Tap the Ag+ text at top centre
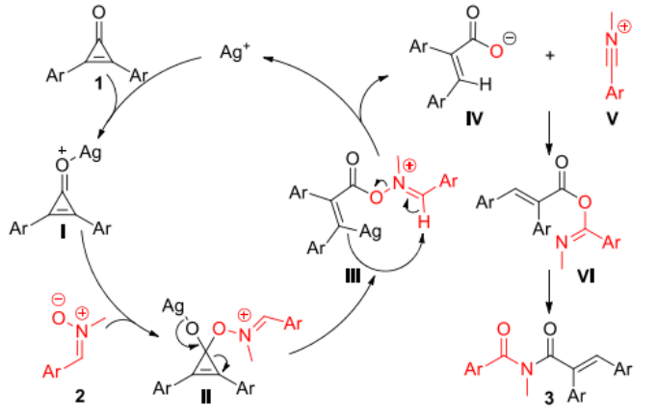[224, 57]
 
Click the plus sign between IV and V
[551, 57]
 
